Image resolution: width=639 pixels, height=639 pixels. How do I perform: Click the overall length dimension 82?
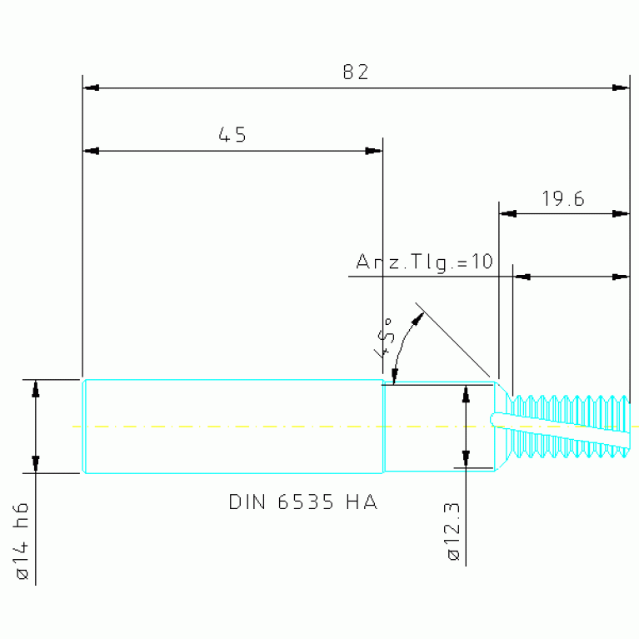(356, 72)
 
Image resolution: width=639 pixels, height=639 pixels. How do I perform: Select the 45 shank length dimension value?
(232, 135)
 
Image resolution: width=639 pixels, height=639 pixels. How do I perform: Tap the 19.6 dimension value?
(563, 198)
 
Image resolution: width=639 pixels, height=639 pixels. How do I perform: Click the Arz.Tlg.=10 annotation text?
(425, 262)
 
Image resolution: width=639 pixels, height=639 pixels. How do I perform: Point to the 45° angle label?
(384, 337)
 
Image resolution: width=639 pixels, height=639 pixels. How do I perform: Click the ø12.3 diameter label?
(453, 532)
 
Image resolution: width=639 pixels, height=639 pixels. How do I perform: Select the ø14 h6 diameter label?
(22, 541)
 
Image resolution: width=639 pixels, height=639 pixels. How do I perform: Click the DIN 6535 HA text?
(303, 502)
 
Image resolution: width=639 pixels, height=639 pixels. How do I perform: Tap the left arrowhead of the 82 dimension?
(91, 87)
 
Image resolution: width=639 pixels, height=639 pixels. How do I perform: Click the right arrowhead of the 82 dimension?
(621, 87)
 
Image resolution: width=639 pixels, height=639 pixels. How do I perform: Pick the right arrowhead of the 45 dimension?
(374, 151)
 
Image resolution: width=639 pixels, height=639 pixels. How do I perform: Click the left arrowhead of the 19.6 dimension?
(508, 213)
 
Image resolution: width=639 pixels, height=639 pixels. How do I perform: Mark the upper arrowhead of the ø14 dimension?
(36, 389)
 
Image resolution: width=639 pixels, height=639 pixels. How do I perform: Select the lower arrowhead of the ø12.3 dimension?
(466, 459)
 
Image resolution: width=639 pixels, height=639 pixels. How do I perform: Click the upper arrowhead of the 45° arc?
(417, 319)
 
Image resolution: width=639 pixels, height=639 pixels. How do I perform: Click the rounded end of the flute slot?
(493, 419)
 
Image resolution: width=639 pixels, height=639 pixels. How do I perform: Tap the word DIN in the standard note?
(247, 502)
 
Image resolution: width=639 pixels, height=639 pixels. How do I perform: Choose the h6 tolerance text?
(22, 515)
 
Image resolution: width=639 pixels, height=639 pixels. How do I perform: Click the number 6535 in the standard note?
(305, 502)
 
